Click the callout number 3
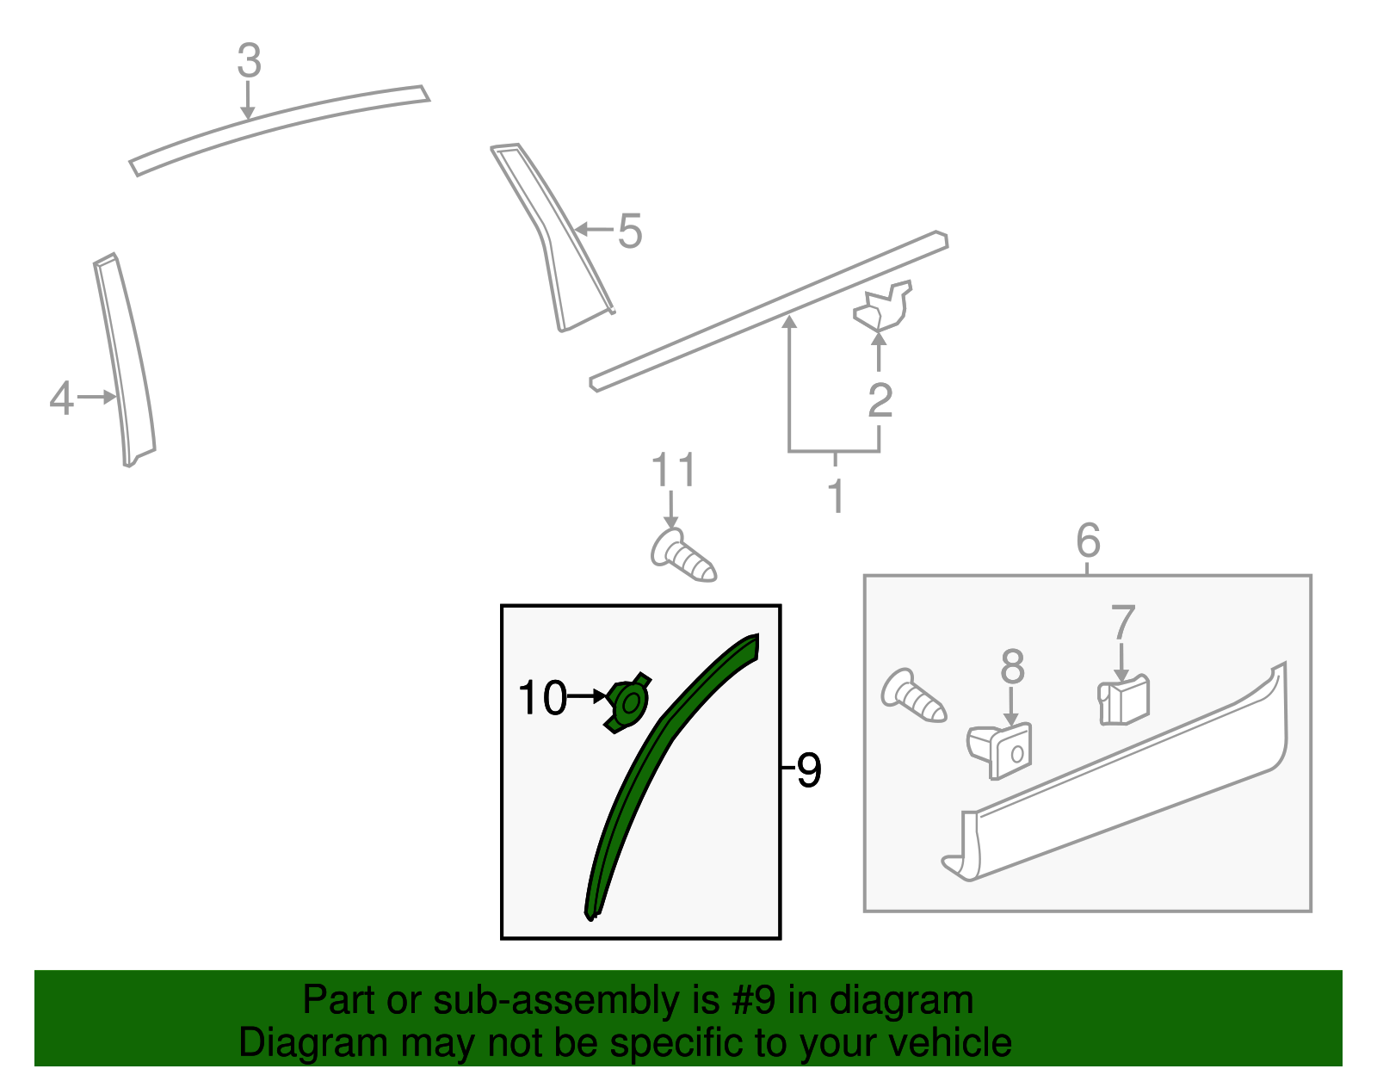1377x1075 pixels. click(249, 62)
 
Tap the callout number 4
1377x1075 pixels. click(61, 398)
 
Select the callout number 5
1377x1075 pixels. click(630, 232)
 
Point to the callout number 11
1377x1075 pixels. click(673, 471)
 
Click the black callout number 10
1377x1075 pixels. click(542, 697)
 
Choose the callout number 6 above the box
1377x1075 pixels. click(1088, 541)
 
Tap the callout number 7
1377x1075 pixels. click(1123, 622)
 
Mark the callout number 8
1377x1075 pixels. click(1012, 666)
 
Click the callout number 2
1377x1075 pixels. click(880, 400)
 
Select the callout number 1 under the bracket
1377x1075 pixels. click(835, 497)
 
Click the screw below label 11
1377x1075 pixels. click(682, 555)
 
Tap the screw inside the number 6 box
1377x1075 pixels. click(913, 695)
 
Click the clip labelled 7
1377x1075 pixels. click(1124, 701)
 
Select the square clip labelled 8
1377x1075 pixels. click(1003, 751)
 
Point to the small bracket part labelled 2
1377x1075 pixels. click(883, 308)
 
